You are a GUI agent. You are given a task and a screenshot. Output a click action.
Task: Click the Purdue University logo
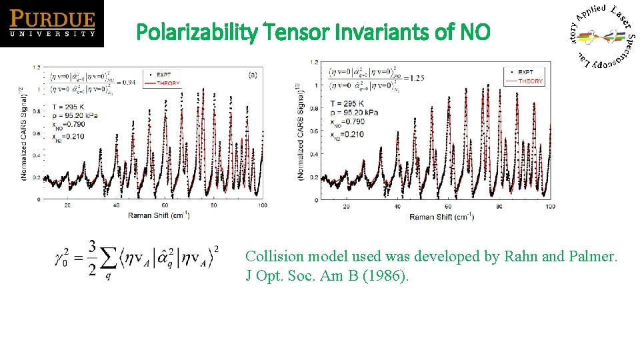tap(52, 23)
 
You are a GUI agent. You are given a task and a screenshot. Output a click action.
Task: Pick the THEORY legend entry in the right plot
tap(530, 81)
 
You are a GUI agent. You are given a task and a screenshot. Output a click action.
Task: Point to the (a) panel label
tap(253, 75)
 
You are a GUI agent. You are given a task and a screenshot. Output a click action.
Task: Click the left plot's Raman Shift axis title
tap(159, 215)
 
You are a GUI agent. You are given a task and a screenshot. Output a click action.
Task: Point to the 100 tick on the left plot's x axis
tap(263, 205)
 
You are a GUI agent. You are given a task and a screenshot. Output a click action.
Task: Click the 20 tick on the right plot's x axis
tap(345, 207)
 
